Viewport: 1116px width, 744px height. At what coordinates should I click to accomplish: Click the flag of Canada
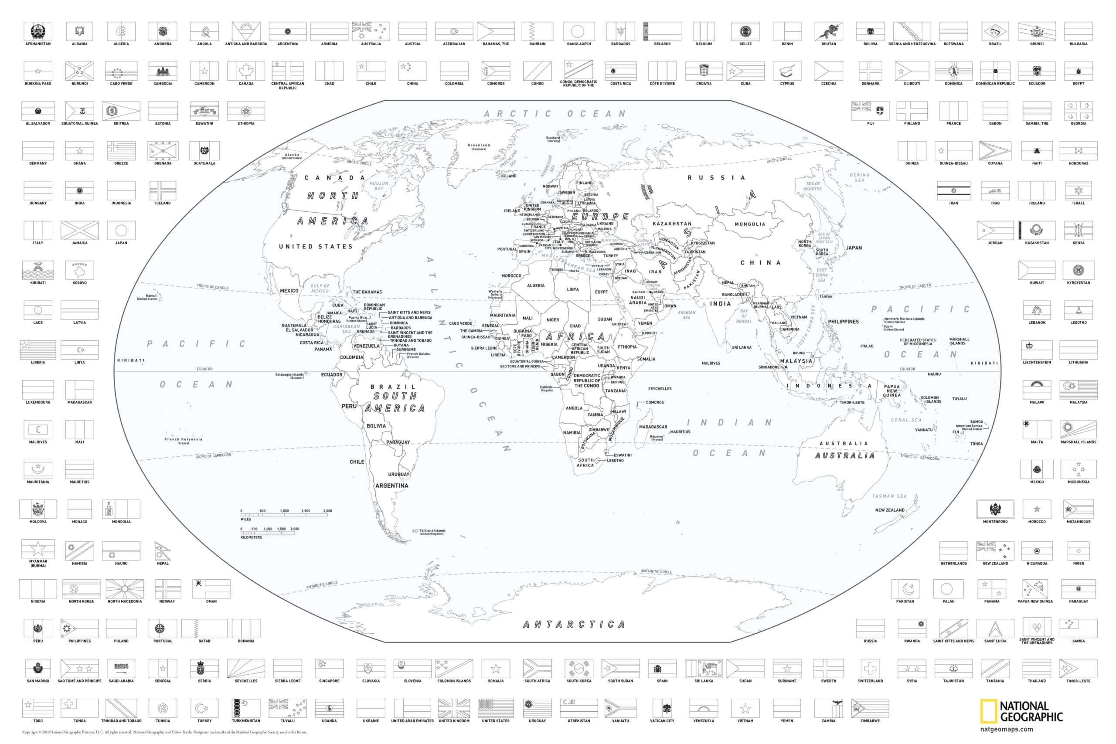click(x=246, y=71)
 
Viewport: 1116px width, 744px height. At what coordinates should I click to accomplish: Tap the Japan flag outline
click(x=121, y=231)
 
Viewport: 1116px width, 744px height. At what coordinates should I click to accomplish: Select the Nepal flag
click(x=162, y=551)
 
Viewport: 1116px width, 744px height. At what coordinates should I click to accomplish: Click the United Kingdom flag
click(x=454, y=708)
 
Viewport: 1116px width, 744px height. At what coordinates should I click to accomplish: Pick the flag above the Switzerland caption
click(x=870, y=669)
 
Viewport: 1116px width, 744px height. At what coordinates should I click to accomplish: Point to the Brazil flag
click(x=995, y=32)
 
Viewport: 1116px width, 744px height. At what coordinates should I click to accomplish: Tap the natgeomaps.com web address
click(x=1007, y=729)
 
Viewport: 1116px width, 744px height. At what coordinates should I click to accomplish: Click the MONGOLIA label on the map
click(x=750, y=224)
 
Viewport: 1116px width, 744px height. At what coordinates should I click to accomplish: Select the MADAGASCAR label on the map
click(x=653, y=427)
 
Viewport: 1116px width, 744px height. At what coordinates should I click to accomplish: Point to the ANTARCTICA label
click(x=574, y=625)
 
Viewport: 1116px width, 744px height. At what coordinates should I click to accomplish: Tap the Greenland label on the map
click(x=479, y=146)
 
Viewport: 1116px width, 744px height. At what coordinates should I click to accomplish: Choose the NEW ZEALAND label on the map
click(x=890, y=510)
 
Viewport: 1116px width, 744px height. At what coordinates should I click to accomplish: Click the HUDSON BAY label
click(x=379, y=186)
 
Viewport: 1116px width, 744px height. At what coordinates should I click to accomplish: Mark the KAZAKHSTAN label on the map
click(x=672, y=224)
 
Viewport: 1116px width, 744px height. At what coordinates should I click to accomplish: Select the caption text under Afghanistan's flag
click(x=38, y=44)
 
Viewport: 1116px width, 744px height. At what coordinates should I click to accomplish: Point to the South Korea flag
click(x=579, y=669)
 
